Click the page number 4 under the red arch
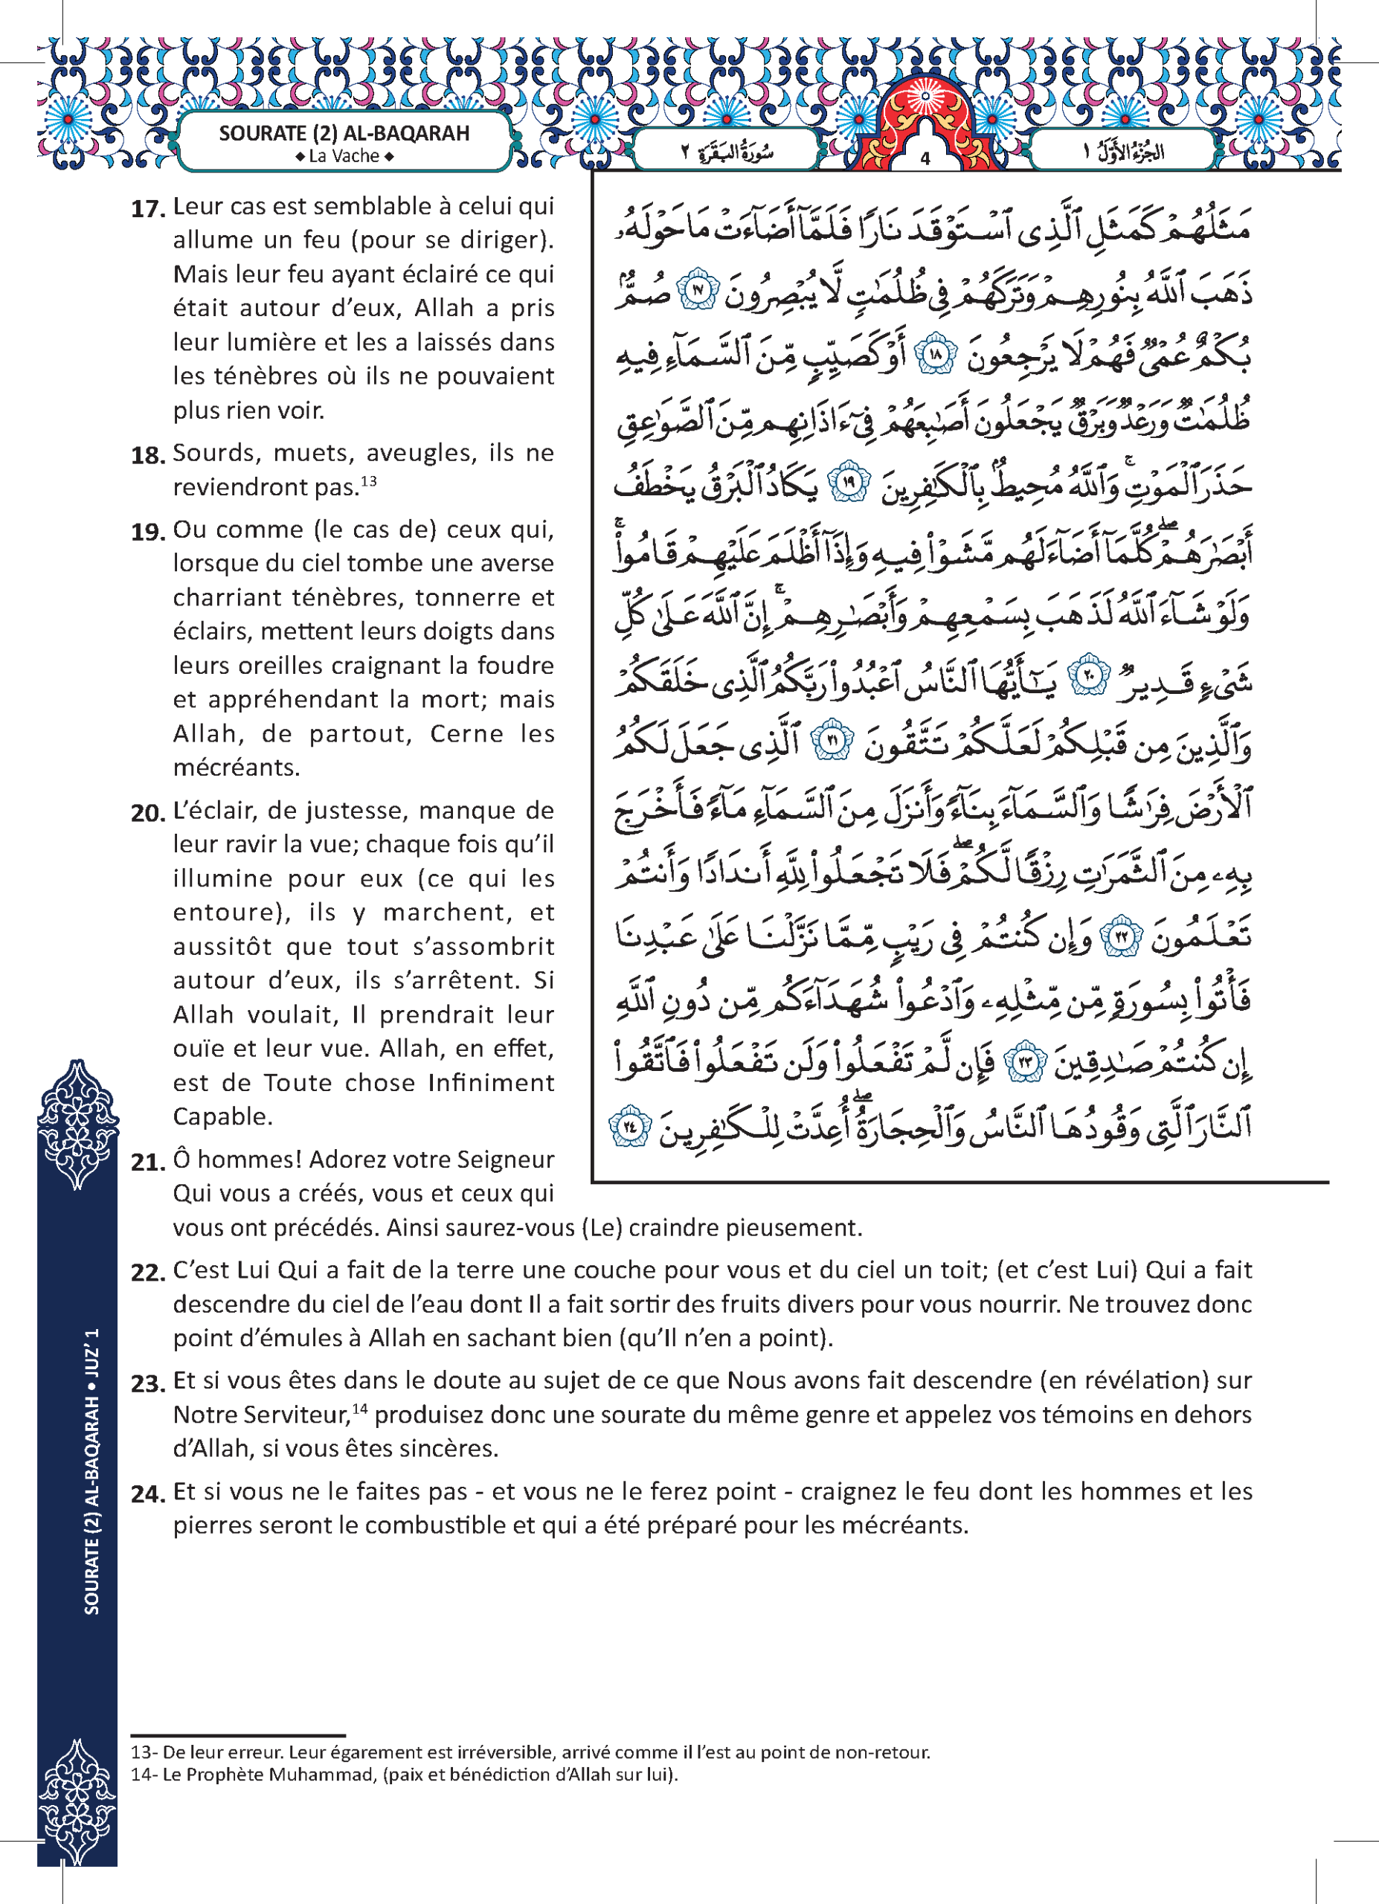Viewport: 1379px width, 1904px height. (925, 158)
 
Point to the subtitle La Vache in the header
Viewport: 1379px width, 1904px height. (344, 156)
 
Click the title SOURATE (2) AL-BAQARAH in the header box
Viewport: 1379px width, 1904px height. (344, 133)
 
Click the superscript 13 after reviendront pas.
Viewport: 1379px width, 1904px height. (368, 481)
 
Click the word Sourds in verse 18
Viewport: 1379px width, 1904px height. (210, 454)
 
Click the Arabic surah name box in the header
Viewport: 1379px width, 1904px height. (727, 152)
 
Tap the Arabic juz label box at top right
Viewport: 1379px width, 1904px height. (1122, 152)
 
